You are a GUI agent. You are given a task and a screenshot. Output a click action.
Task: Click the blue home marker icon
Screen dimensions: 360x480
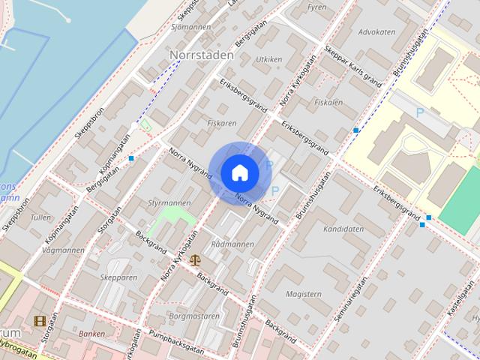[x=239, y=172]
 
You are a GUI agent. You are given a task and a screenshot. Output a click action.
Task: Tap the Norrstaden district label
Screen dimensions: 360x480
[x=201, y=55]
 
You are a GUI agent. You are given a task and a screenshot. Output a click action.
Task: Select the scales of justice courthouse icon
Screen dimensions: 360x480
[x=196, y=260]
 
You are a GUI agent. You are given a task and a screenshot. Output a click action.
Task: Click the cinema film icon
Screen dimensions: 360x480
[x=40, y=321]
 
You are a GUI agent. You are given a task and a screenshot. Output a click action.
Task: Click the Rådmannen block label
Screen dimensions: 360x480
[x=232, y=244]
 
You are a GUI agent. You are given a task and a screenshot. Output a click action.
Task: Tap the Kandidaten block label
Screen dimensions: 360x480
[x=343, y=229]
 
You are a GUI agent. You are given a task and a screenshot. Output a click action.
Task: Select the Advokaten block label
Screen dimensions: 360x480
[x=376, y=32]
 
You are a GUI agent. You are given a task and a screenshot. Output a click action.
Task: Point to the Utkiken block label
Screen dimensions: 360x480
[x=268, y=58]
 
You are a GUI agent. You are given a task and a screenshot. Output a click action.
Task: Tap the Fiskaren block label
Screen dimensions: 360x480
[x=222, y=122]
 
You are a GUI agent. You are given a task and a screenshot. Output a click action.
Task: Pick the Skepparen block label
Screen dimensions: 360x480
[x=118, y=277]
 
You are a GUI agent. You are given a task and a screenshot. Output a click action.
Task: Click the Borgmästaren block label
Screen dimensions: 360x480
[x=194, y=316]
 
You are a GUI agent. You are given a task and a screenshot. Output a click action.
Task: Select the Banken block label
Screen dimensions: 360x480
[x=91, y=333]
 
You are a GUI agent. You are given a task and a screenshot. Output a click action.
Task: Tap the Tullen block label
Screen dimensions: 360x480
[x=41, y=217]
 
